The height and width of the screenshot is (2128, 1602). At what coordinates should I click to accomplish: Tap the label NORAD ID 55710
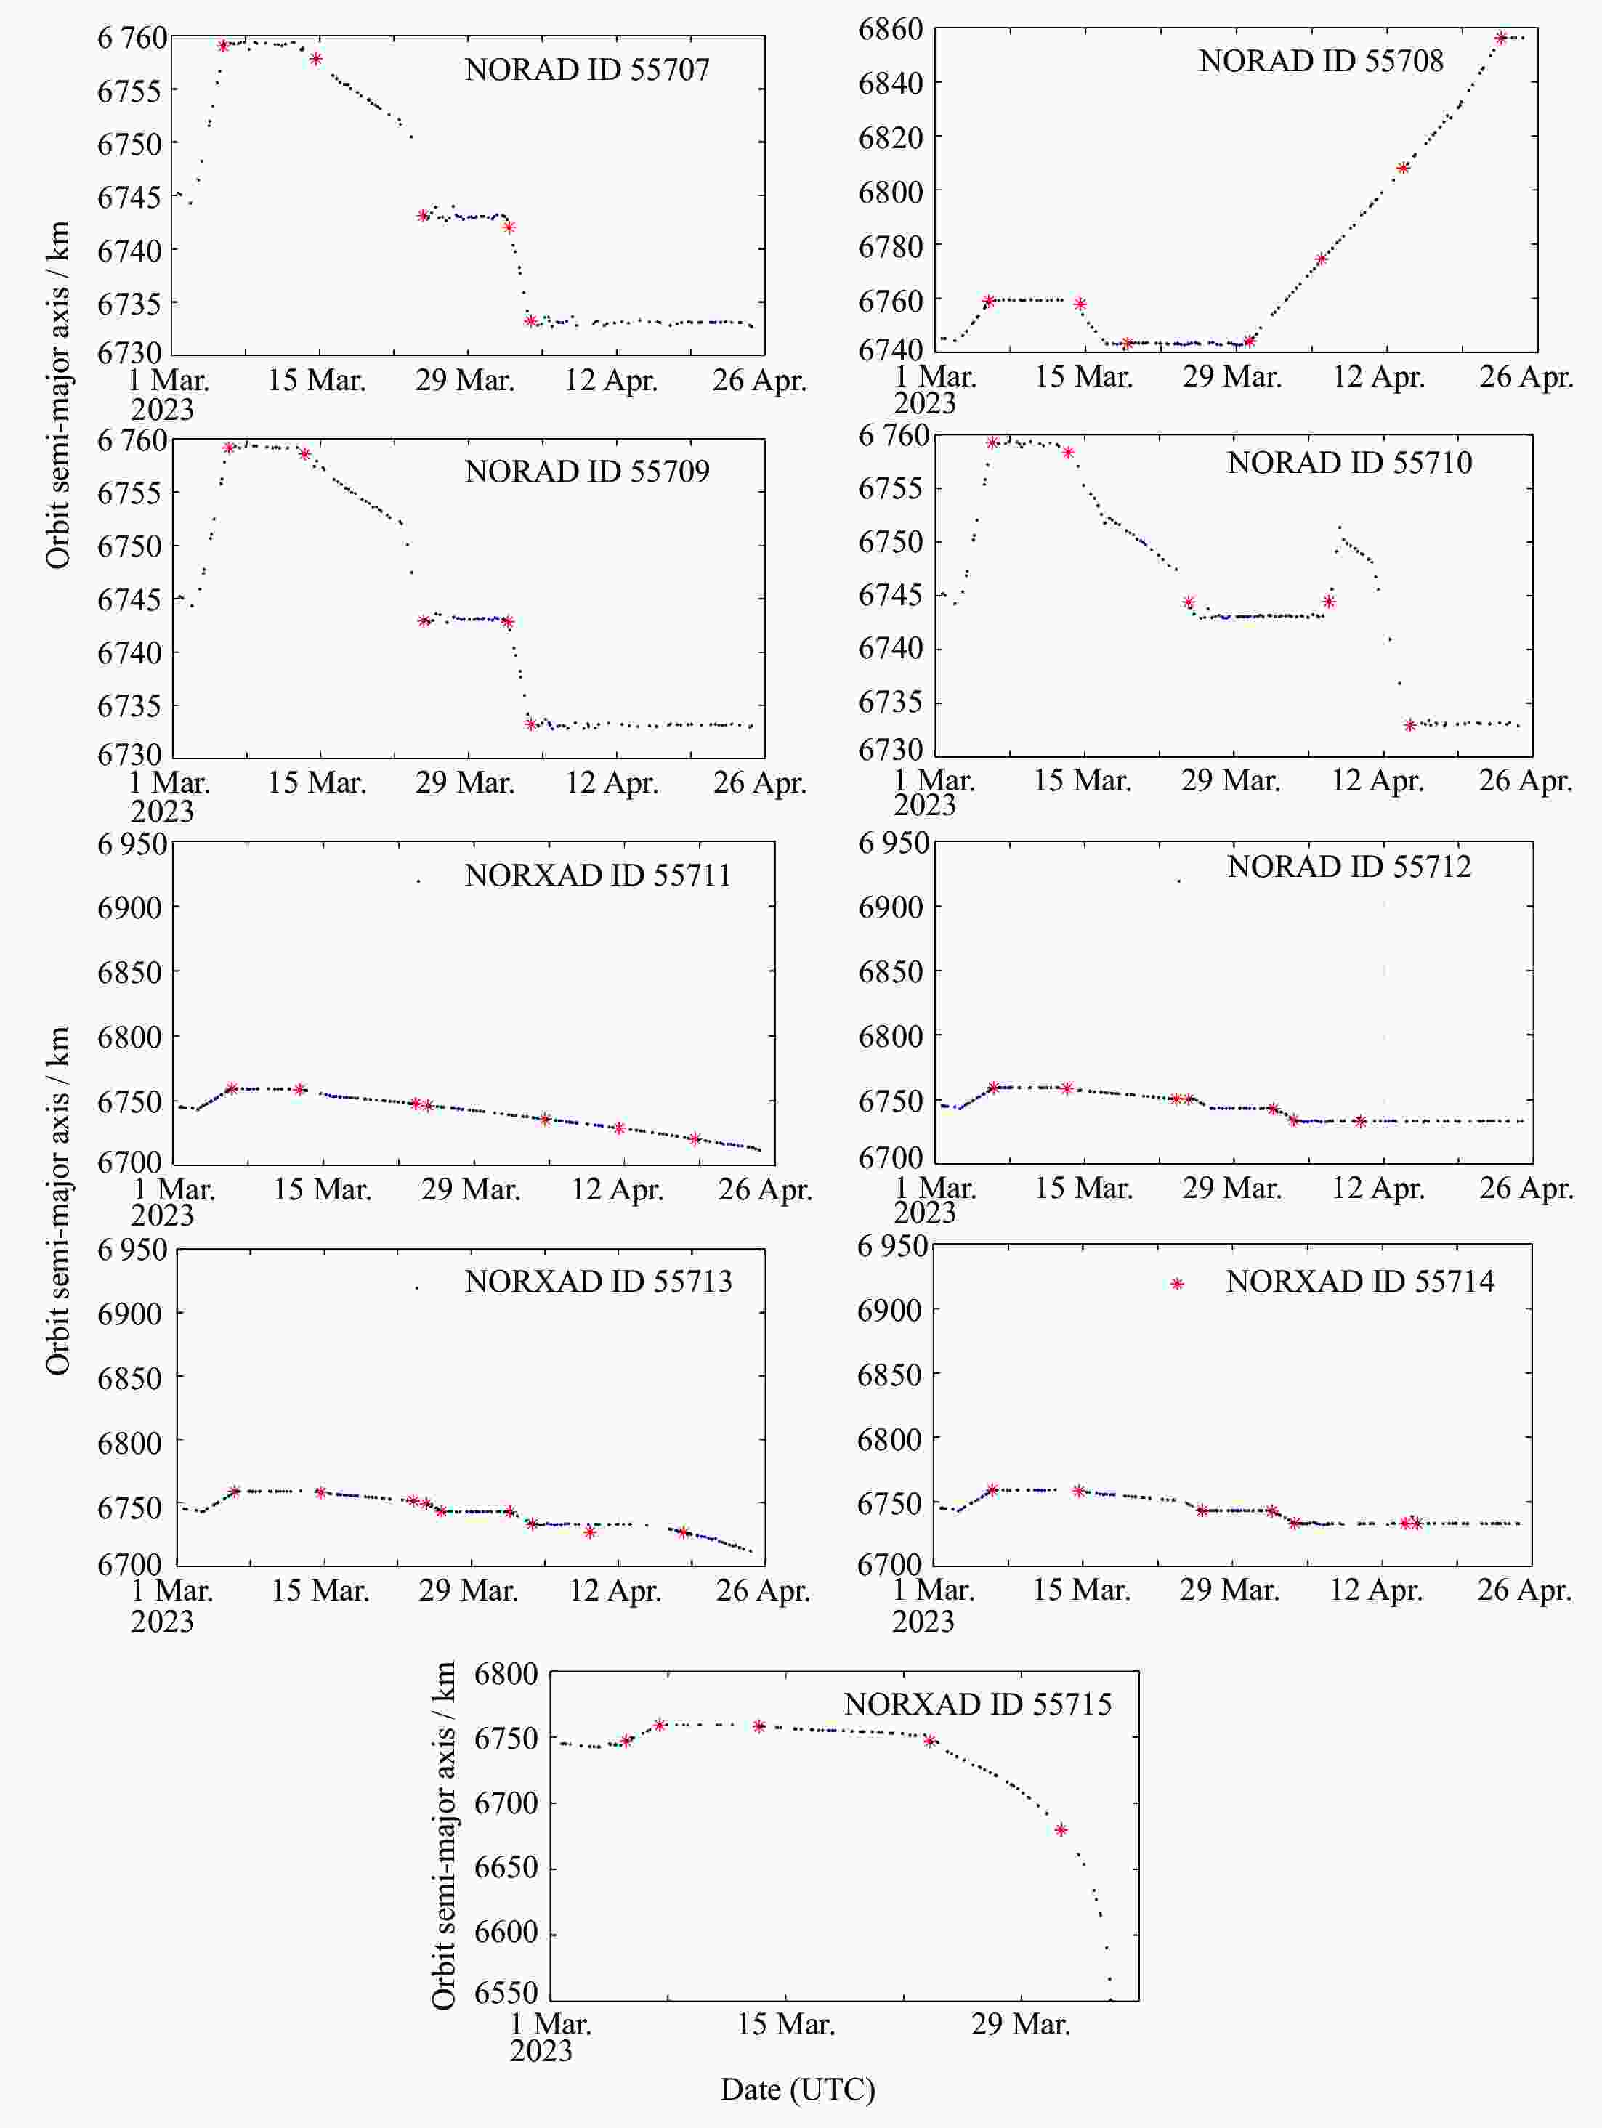pos(1349,463)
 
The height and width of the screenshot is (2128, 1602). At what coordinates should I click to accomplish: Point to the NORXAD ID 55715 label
pos(978,1704)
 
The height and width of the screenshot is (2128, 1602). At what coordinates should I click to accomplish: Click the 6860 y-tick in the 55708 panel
pos(890,29)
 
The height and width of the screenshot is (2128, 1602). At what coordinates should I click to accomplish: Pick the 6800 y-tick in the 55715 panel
pos(506,1674)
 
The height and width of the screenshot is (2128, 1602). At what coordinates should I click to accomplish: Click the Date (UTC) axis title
pos(798,2089)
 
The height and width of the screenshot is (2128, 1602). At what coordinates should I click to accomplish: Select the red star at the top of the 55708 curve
pos(1501,39)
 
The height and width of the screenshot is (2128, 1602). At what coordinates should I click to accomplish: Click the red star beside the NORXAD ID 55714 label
pos(1177,1283)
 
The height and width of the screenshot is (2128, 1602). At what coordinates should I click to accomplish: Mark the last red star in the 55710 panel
pos(1410,725)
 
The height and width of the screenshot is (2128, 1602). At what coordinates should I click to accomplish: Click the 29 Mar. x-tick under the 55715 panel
pos(1020,2025)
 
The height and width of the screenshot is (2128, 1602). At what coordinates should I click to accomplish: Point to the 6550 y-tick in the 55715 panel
pos(506,1992)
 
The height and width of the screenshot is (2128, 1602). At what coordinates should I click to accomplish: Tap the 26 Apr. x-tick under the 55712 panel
pos(1526,1188)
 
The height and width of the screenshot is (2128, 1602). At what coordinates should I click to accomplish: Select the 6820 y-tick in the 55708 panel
pos(890,137)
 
